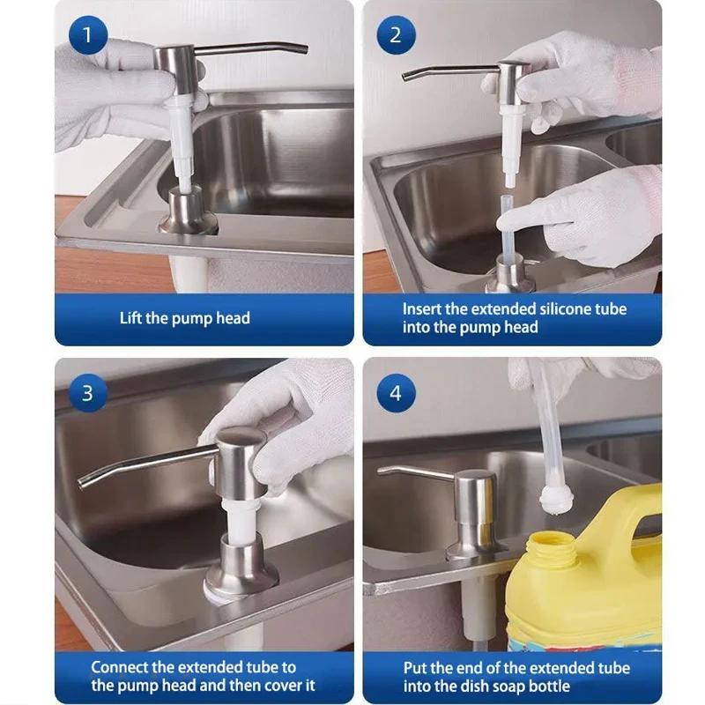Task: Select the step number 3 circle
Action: pyautogui.click(x=87, y=392)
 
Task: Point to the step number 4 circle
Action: pyautogui.click(x=395, y=392)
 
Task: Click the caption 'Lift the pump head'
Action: pyautogui.click(x=185, y=318)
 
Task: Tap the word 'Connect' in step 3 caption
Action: pyautogui.click(x=122, y=667)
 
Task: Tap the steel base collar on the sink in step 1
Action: pyautogui.click(x=187, y=211)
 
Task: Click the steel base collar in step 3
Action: pyautogui.click(x=241, y=568)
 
